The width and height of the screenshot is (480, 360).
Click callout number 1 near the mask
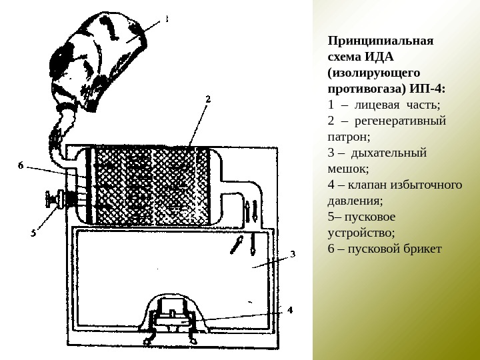pyautogui.click(x=166, y=20)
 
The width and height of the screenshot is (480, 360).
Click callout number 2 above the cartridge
pyautogui.click(x=207, y=99)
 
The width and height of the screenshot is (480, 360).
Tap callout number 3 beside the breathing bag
pyautogui.click(x=292, y=254)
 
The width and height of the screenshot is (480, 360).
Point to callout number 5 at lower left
pyautogui.click(x=33, y=233)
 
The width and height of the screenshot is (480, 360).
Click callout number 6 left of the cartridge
pyautogui.click(x=21, y=166)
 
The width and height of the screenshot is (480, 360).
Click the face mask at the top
pyautogui.click(x=100, y=53)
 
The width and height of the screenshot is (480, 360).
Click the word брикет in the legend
pyautogui.click(x=424, y=249)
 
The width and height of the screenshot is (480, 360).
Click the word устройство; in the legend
pyautogui.click(x=361, y=233)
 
